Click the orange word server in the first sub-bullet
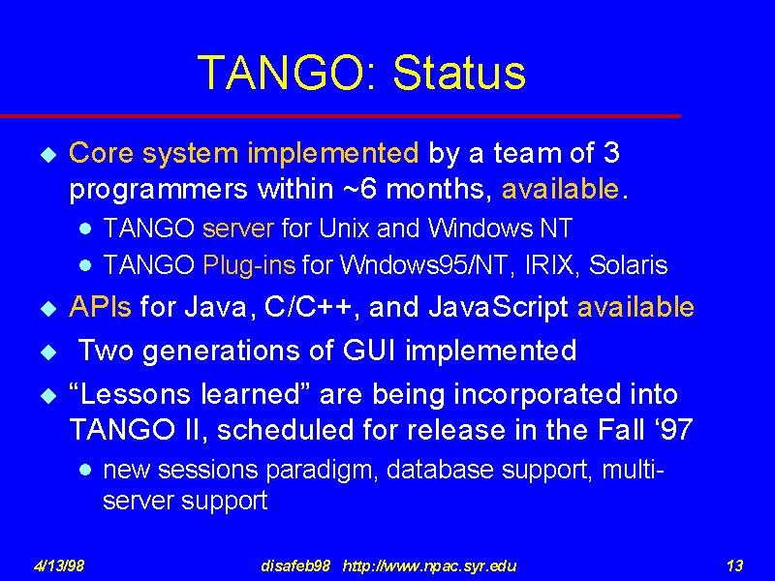pyautogui.click(x=238, y=229)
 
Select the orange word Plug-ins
pyautogui.click(x=249, y=265)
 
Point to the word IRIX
pyautogui.click(x=551, y=265)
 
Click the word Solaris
pyautogui.click(x=628, y=265)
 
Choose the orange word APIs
pyautogui.click(x=101, y=307)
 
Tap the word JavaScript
pyautogui.click(x=498, y=308)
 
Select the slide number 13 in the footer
pyautogui.click(x=734, y=566)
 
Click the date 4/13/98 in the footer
pyautogui.click(x=59, y=566)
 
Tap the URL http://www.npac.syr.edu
pyautogui.click(x=429, y=566)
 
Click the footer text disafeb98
pyautogui.click(x=295, y=566)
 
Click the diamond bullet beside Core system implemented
pyautogui.click(x=48, y=155)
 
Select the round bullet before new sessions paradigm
pyautogui.click(x=85, y=469)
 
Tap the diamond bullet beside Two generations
pyautogui.click(x=48, y=352)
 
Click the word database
pyautogui.click(x=440, y=470)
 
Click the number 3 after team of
pyautogui.click(x=611, y=153)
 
